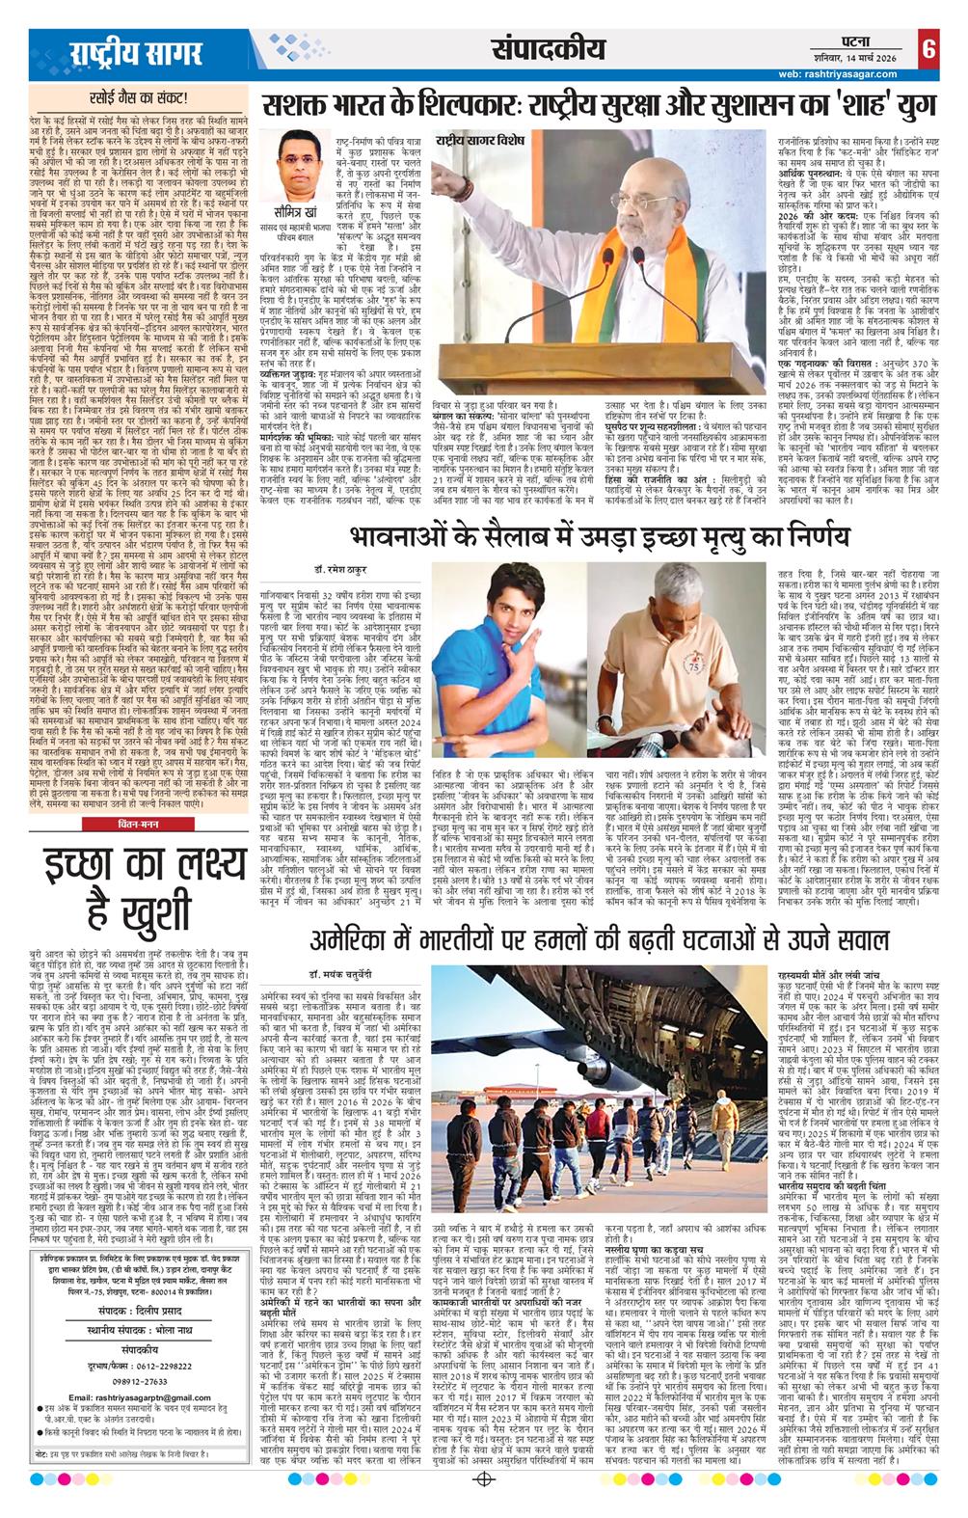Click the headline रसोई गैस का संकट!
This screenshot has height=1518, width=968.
tap(135, 97)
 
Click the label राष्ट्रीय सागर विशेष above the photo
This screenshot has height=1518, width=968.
tap(479, 143)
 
